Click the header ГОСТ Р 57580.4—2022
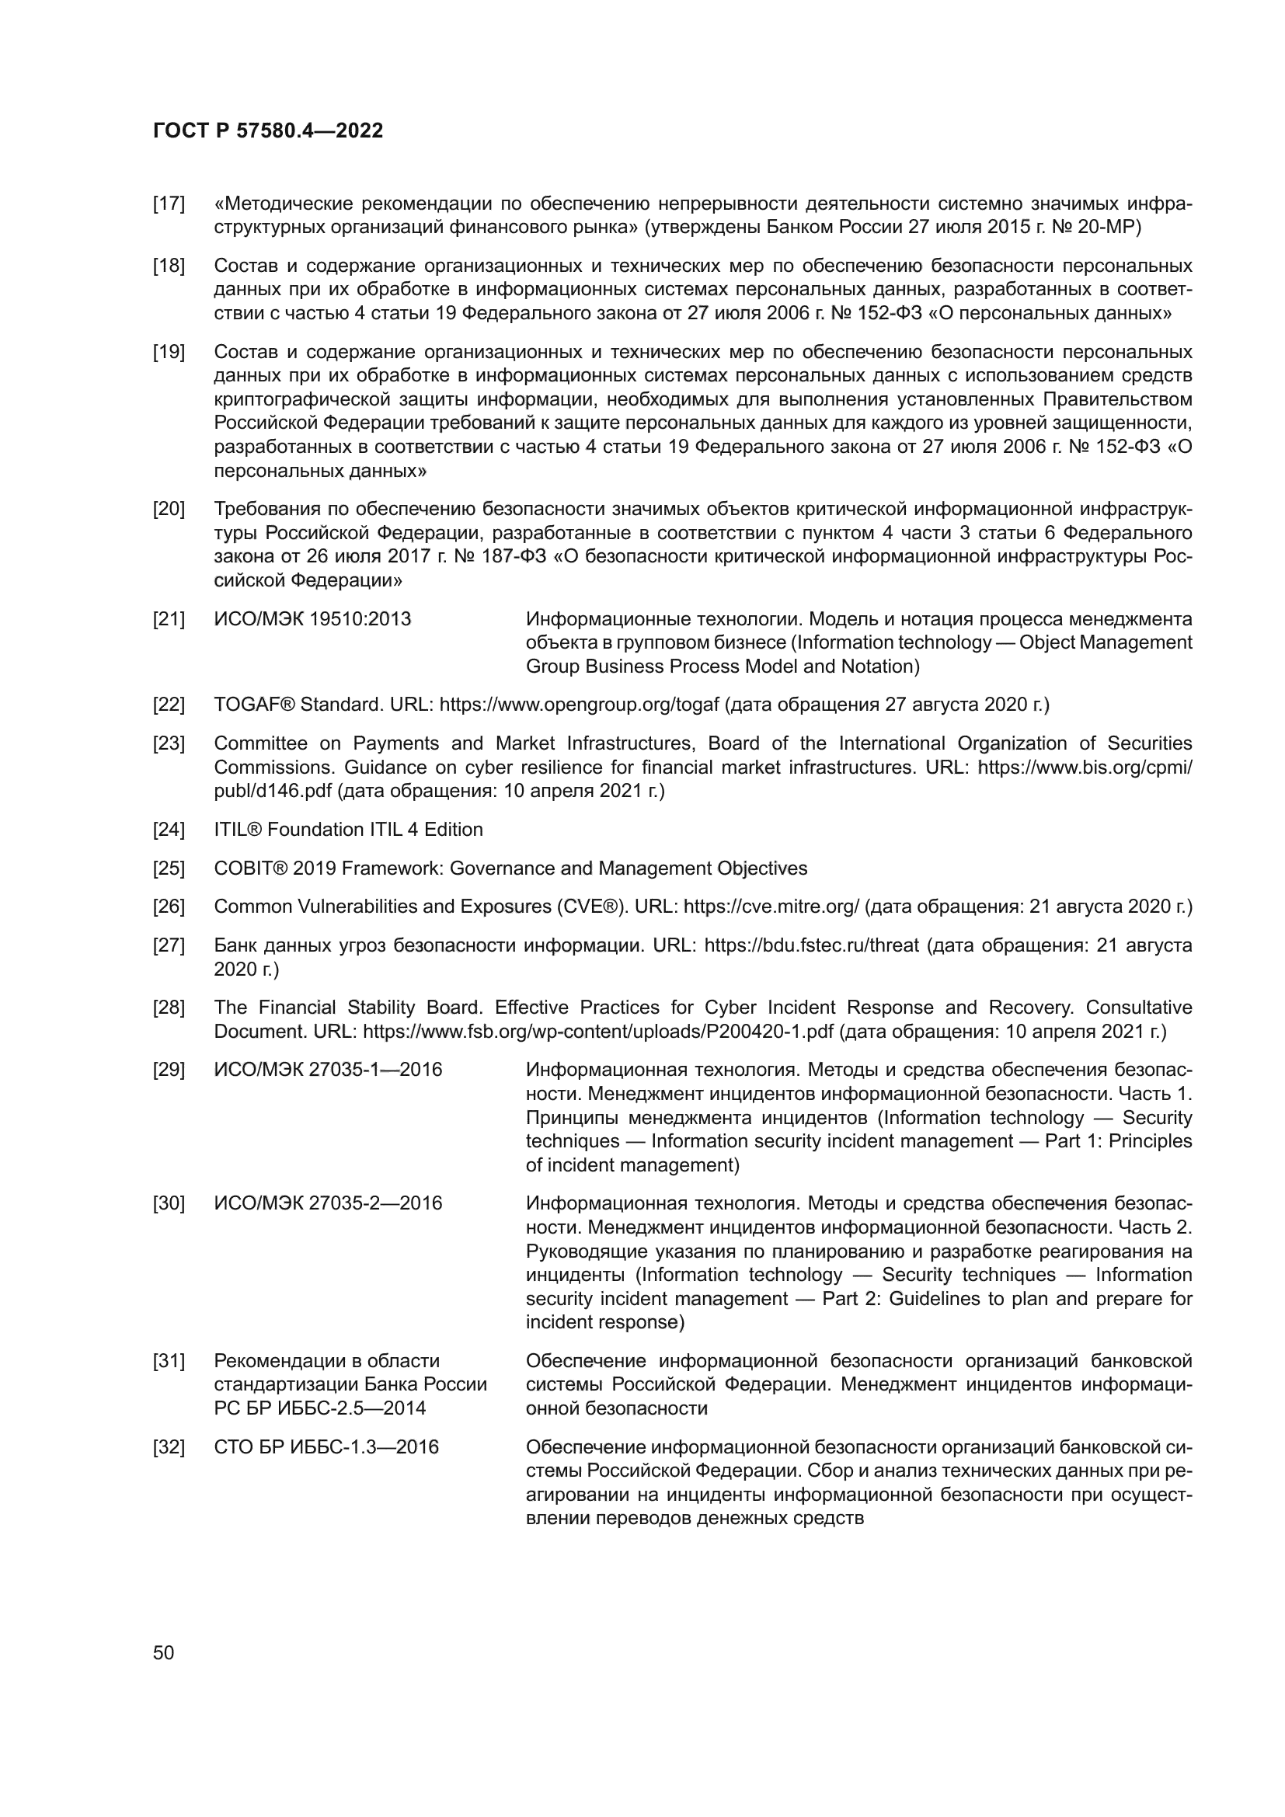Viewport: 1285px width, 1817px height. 267,131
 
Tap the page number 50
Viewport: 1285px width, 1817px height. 163,1652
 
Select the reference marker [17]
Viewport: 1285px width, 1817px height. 169,204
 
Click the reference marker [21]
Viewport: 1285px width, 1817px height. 169,619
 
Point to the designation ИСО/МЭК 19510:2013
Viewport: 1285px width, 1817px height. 312,619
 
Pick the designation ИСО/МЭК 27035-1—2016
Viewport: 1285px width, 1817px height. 328,1070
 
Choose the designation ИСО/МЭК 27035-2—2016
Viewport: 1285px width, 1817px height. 328,1203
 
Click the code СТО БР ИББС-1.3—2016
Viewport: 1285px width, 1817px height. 326,1446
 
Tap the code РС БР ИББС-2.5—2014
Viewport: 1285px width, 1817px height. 319,1408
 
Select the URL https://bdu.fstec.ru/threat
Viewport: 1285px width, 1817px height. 811,945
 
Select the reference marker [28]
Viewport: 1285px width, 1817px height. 169,1008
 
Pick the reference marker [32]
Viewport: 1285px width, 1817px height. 169,1446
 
